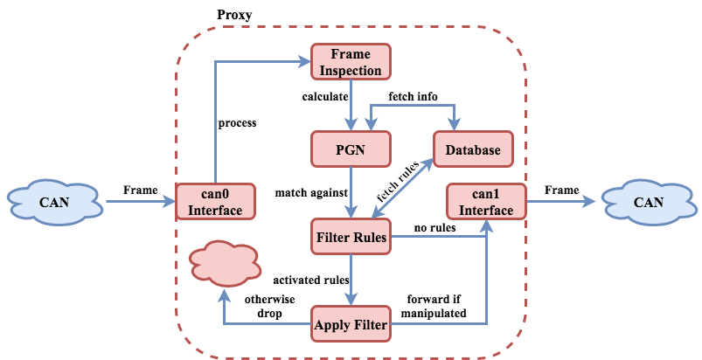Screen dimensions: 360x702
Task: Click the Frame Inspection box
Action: (351, 62)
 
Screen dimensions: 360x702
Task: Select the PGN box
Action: (351, 149)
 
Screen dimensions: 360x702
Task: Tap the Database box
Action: (473, 149)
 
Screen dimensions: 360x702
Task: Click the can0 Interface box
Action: (215, 202)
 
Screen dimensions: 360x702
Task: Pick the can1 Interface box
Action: (486, 202)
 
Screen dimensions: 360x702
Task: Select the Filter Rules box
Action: (351, 237)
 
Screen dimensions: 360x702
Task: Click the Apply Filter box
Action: (351, 325)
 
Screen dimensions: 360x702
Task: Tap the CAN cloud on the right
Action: (648, 202)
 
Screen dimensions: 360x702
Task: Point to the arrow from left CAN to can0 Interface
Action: (140, 202)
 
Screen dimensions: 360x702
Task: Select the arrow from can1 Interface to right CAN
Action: (561, 202)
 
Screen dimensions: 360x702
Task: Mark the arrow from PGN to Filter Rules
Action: (351, 192)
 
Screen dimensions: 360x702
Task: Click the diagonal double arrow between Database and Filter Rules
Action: (403, 190)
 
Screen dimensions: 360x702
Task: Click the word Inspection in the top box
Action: (351, 70)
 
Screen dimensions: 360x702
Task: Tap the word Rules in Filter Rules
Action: (369, 237)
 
